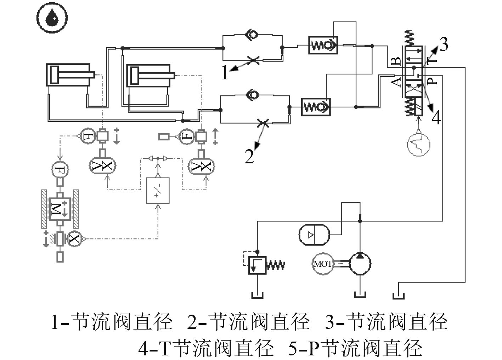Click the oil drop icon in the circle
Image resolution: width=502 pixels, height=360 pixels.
pos(52,17)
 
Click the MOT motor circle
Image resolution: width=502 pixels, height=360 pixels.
pos(323,264)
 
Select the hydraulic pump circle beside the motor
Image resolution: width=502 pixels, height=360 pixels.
pos(360,264)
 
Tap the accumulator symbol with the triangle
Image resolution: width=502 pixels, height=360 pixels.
pos(314,235)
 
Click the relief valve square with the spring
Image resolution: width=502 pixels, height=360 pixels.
pos(257,265)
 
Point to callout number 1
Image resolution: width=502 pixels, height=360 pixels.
pos(225,72)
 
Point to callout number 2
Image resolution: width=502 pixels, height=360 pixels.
pos(249,156)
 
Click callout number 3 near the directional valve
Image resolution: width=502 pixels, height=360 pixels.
pos(444,44)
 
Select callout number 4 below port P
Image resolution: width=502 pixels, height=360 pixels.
pos(436,117)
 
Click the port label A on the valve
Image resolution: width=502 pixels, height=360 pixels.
pos(396,82)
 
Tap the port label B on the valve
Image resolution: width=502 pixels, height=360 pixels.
pos(396,61)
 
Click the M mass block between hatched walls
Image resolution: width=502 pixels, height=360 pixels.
pos(60,209)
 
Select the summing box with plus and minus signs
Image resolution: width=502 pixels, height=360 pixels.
pos(158,191)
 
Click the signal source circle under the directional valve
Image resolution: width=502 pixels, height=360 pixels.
pos(418,145)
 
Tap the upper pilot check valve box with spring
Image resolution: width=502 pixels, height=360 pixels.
pos(323,45)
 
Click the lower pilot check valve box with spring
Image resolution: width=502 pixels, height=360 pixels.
pos(316,107)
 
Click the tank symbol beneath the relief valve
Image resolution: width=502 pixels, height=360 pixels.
pos(257,296)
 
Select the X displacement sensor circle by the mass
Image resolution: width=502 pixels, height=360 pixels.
pos(74,239)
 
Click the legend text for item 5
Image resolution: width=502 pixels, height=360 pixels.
pos(355,348)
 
